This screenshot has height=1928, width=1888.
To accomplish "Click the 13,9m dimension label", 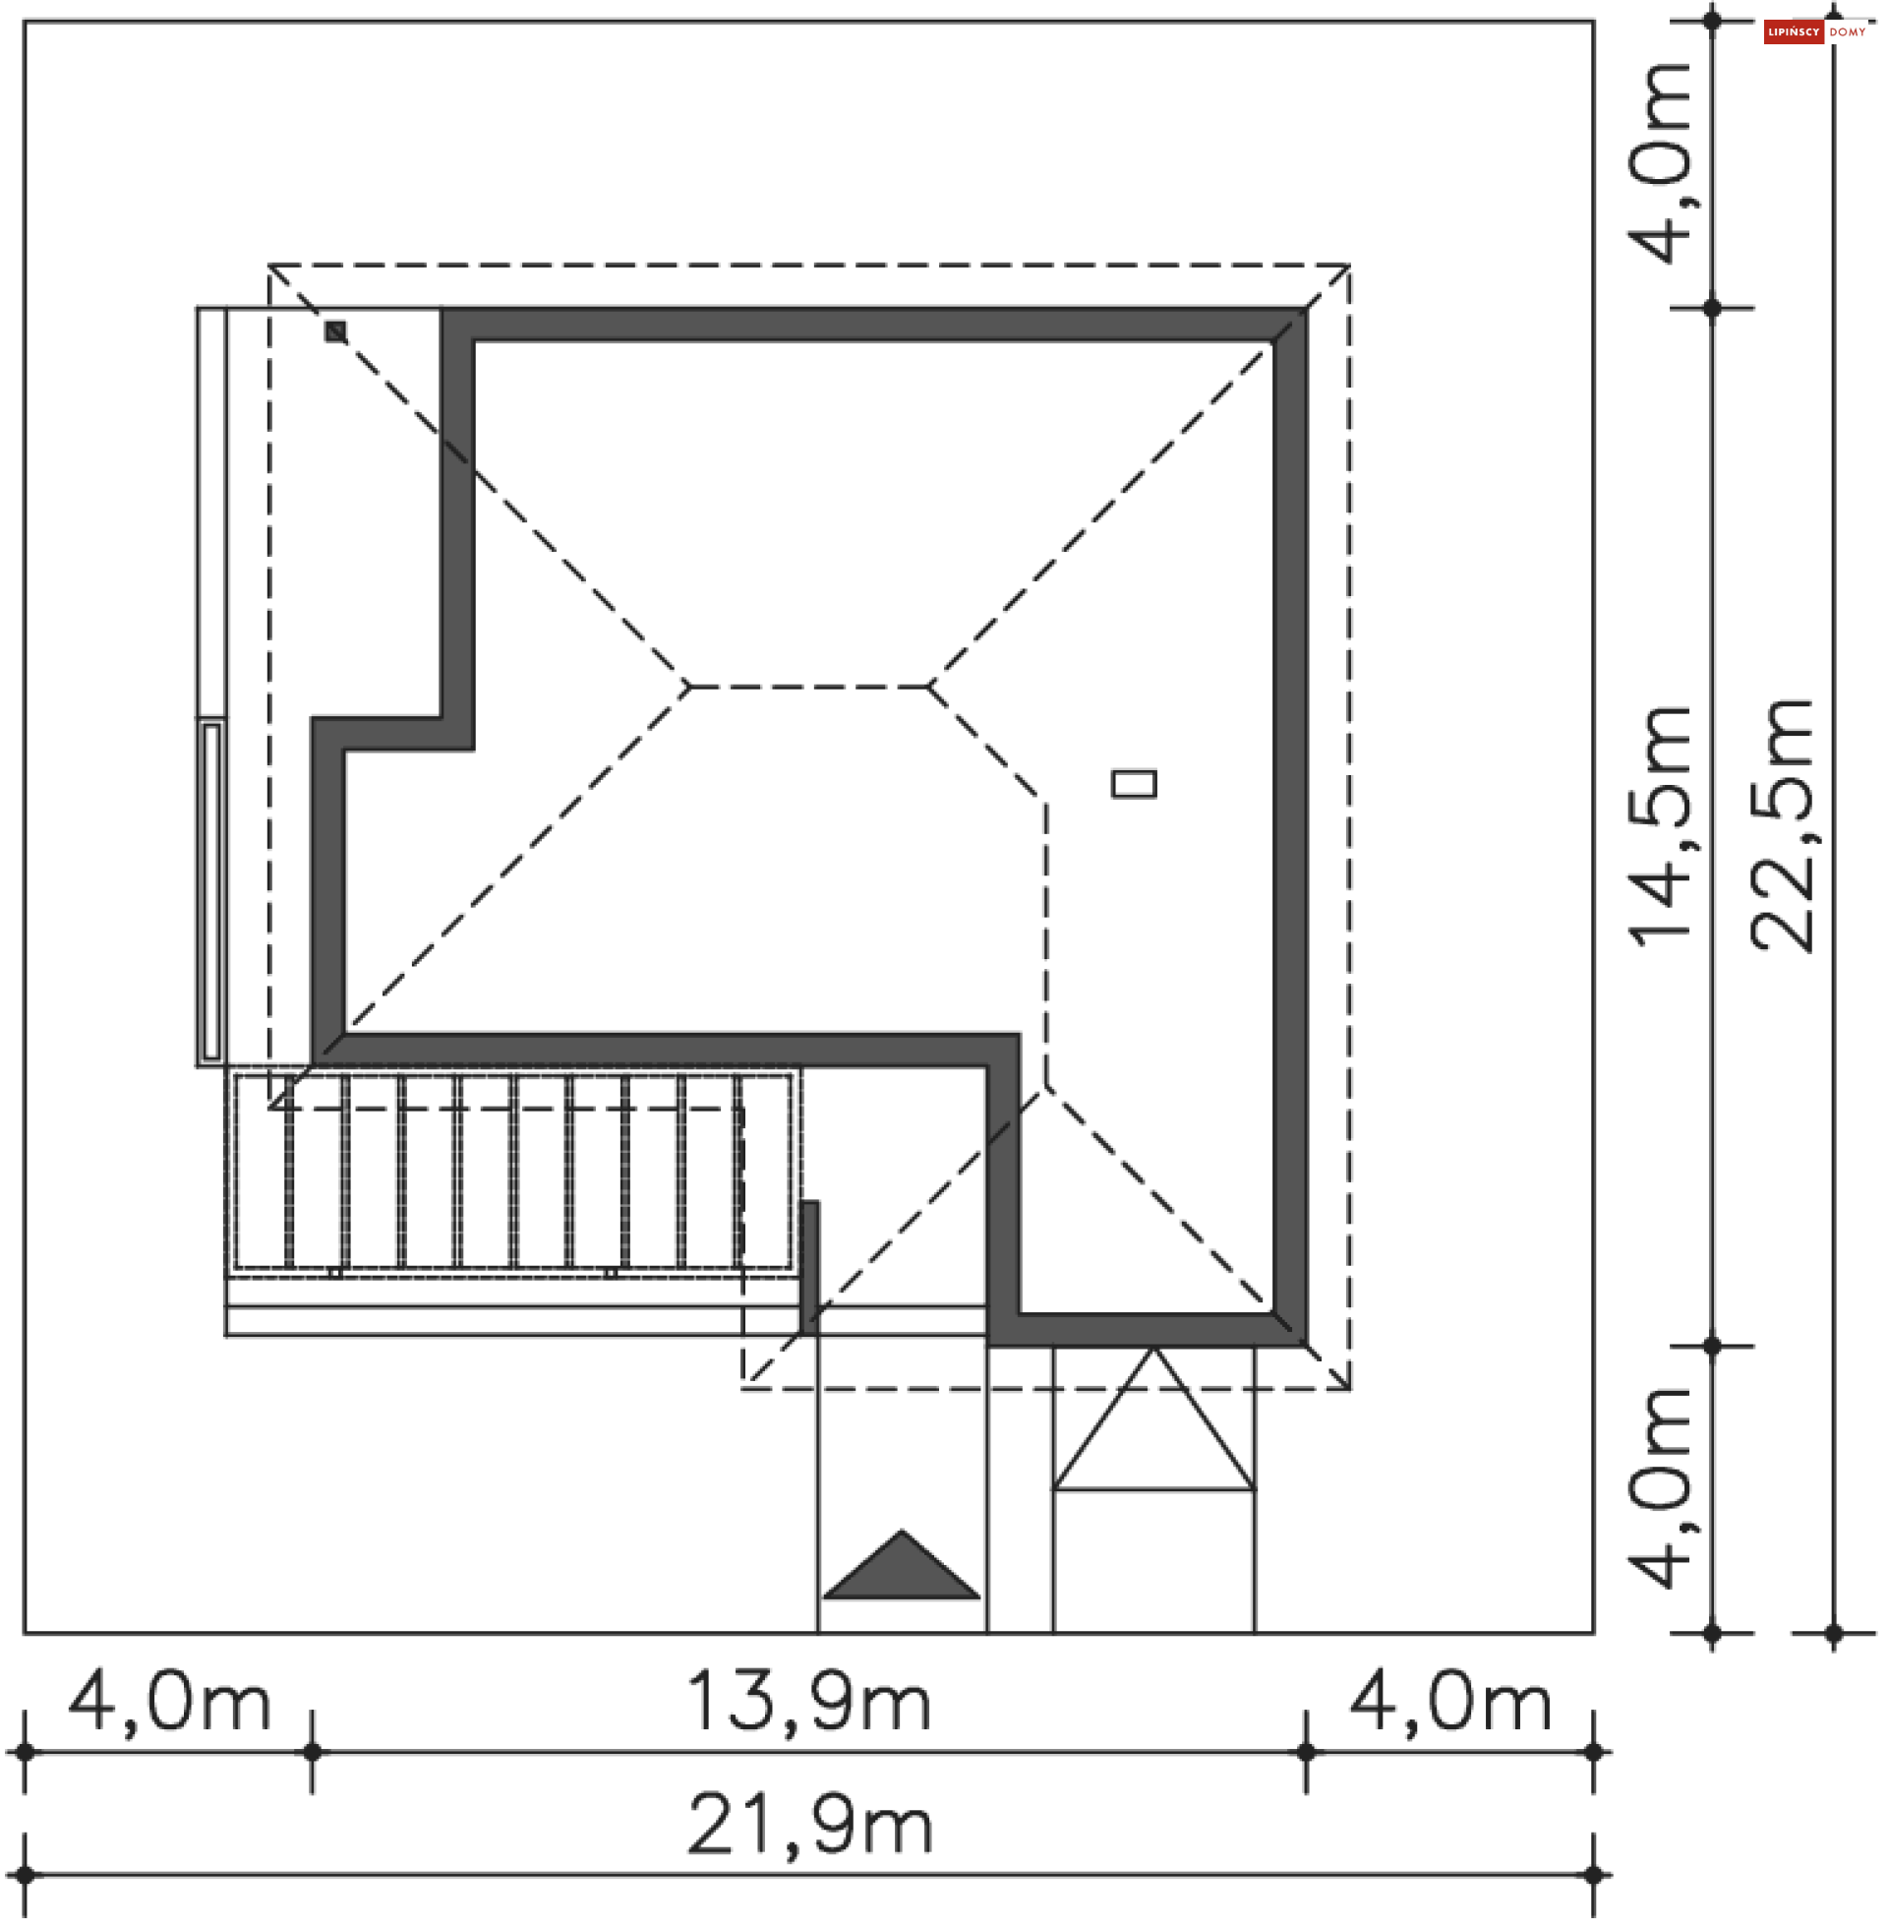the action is coord(808,1703).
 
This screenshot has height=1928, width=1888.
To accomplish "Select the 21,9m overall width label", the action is coord(809,1826).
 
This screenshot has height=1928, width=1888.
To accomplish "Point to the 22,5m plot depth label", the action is coord(1782,826).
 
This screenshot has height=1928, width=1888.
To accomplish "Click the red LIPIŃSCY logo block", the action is coord(1793,32).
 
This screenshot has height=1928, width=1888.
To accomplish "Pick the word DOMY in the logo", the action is coord(1848,32).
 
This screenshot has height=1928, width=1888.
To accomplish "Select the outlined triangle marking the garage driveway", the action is coord(1153,1419).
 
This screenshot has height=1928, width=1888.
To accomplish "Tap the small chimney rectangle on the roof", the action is coord(1134,785).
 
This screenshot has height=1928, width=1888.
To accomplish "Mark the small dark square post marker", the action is coord(336,331).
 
